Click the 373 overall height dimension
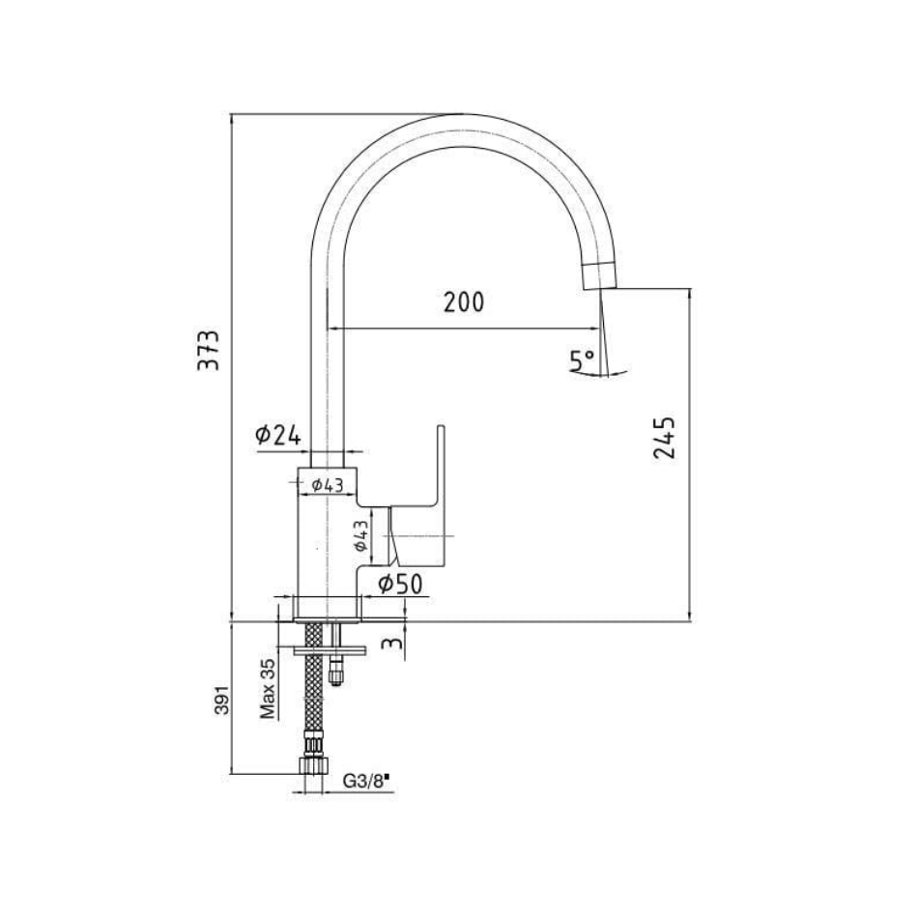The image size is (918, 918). coord(209,350)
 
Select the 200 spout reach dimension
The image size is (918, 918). coord(464,302)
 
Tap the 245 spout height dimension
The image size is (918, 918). coord(665,438)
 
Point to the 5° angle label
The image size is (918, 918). coord(582,360)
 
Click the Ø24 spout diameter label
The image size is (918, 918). coord(278,435)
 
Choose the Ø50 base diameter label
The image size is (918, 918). coord(400,584)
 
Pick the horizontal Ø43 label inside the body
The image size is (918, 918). coord(327,485)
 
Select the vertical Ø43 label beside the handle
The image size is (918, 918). coord(360,535)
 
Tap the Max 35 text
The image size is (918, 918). coord(268,688)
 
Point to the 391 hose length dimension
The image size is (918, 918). coord(222,700)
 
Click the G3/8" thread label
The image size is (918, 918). coord(366,781)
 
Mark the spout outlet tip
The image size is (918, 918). coord(601,287)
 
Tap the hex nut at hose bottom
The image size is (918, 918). coord(313,766)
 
